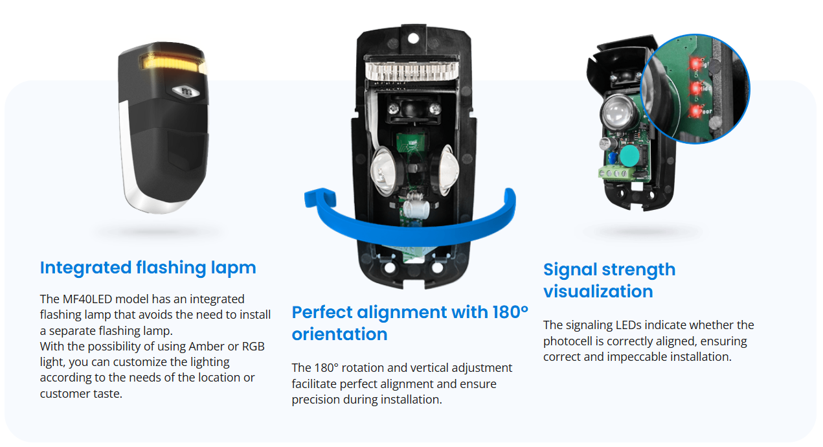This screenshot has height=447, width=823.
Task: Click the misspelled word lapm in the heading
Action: click(x=234, y=268)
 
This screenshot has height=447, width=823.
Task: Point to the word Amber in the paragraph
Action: click(x=214, y=346)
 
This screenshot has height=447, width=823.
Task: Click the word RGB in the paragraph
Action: click(x=253, y=346)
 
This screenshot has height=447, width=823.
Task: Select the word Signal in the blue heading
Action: click(x=574, y=269)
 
